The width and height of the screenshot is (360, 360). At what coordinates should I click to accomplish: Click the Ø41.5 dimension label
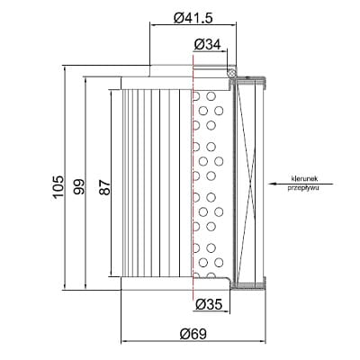tap(193, 18)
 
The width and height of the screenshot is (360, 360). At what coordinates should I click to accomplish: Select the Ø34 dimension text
tap(207, 45)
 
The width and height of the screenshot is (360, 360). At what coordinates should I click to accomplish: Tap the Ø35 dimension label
tap(209, 305)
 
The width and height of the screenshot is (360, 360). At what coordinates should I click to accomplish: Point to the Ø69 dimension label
tap(193, 334)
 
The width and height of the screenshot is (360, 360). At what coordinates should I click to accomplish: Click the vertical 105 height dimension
tap(58, 187)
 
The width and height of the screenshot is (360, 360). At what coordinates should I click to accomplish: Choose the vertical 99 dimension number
tap(80, 187)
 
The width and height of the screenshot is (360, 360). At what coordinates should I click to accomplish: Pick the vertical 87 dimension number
tap(105, 188)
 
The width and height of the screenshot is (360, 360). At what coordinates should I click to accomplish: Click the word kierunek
tap(304, 179)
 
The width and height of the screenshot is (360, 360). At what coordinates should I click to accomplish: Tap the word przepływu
tap(303, 188)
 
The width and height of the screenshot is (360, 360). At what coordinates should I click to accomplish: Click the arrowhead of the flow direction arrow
tap(272, 184)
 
